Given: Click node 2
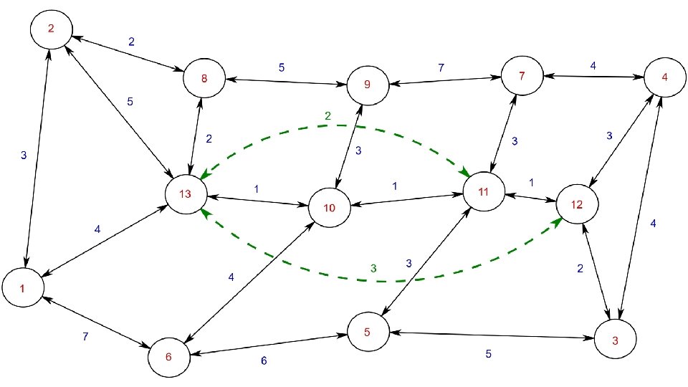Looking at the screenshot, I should pyautogui.click(x=51, y=29).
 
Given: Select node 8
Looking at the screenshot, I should pyautogui.click(x=204, y=79).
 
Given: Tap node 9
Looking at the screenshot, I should pyautogui.click(x=367, y=85).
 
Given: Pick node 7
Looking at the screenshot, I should pyautogui.click(x=522, y=75).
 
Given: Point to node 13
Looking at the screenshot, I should pyautogui.click(x=186, y=195).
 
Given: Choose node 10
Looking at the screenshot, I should pyautogui.click(x=330, y=209).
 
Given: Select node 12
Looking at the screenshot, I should pyautogui.click(x=577, y=204).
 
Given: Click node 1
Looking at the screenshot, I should pyautogui.click(x=23, y=288).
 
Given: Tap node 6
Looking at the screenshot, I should pyautogui.click(x=169, y=356).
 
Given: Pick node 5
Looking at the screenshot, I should pyautogui.click(x=367, y=332).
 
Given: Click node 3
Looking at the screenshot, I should pyautogui.click(x=615, y=341).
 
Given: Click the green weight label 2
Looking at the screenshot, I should pyautogui.click(x=328, y=116).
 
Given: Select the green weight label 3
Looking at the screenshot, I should pyautogui.click(x=373, y=268).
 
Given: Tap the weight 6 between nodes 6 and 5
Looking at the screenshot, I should pyautogui.click(x=263, y=360).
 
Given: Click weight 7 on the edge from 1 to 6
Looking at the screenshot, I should pyautogui.click(x=86, y=336).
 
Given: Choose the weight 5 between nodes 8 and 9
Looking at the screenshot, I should pyautogui.click(x=282, y=68).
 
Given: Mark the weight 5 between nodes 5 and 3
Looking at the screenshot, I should pyautogui.click(x=489, y=353).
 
